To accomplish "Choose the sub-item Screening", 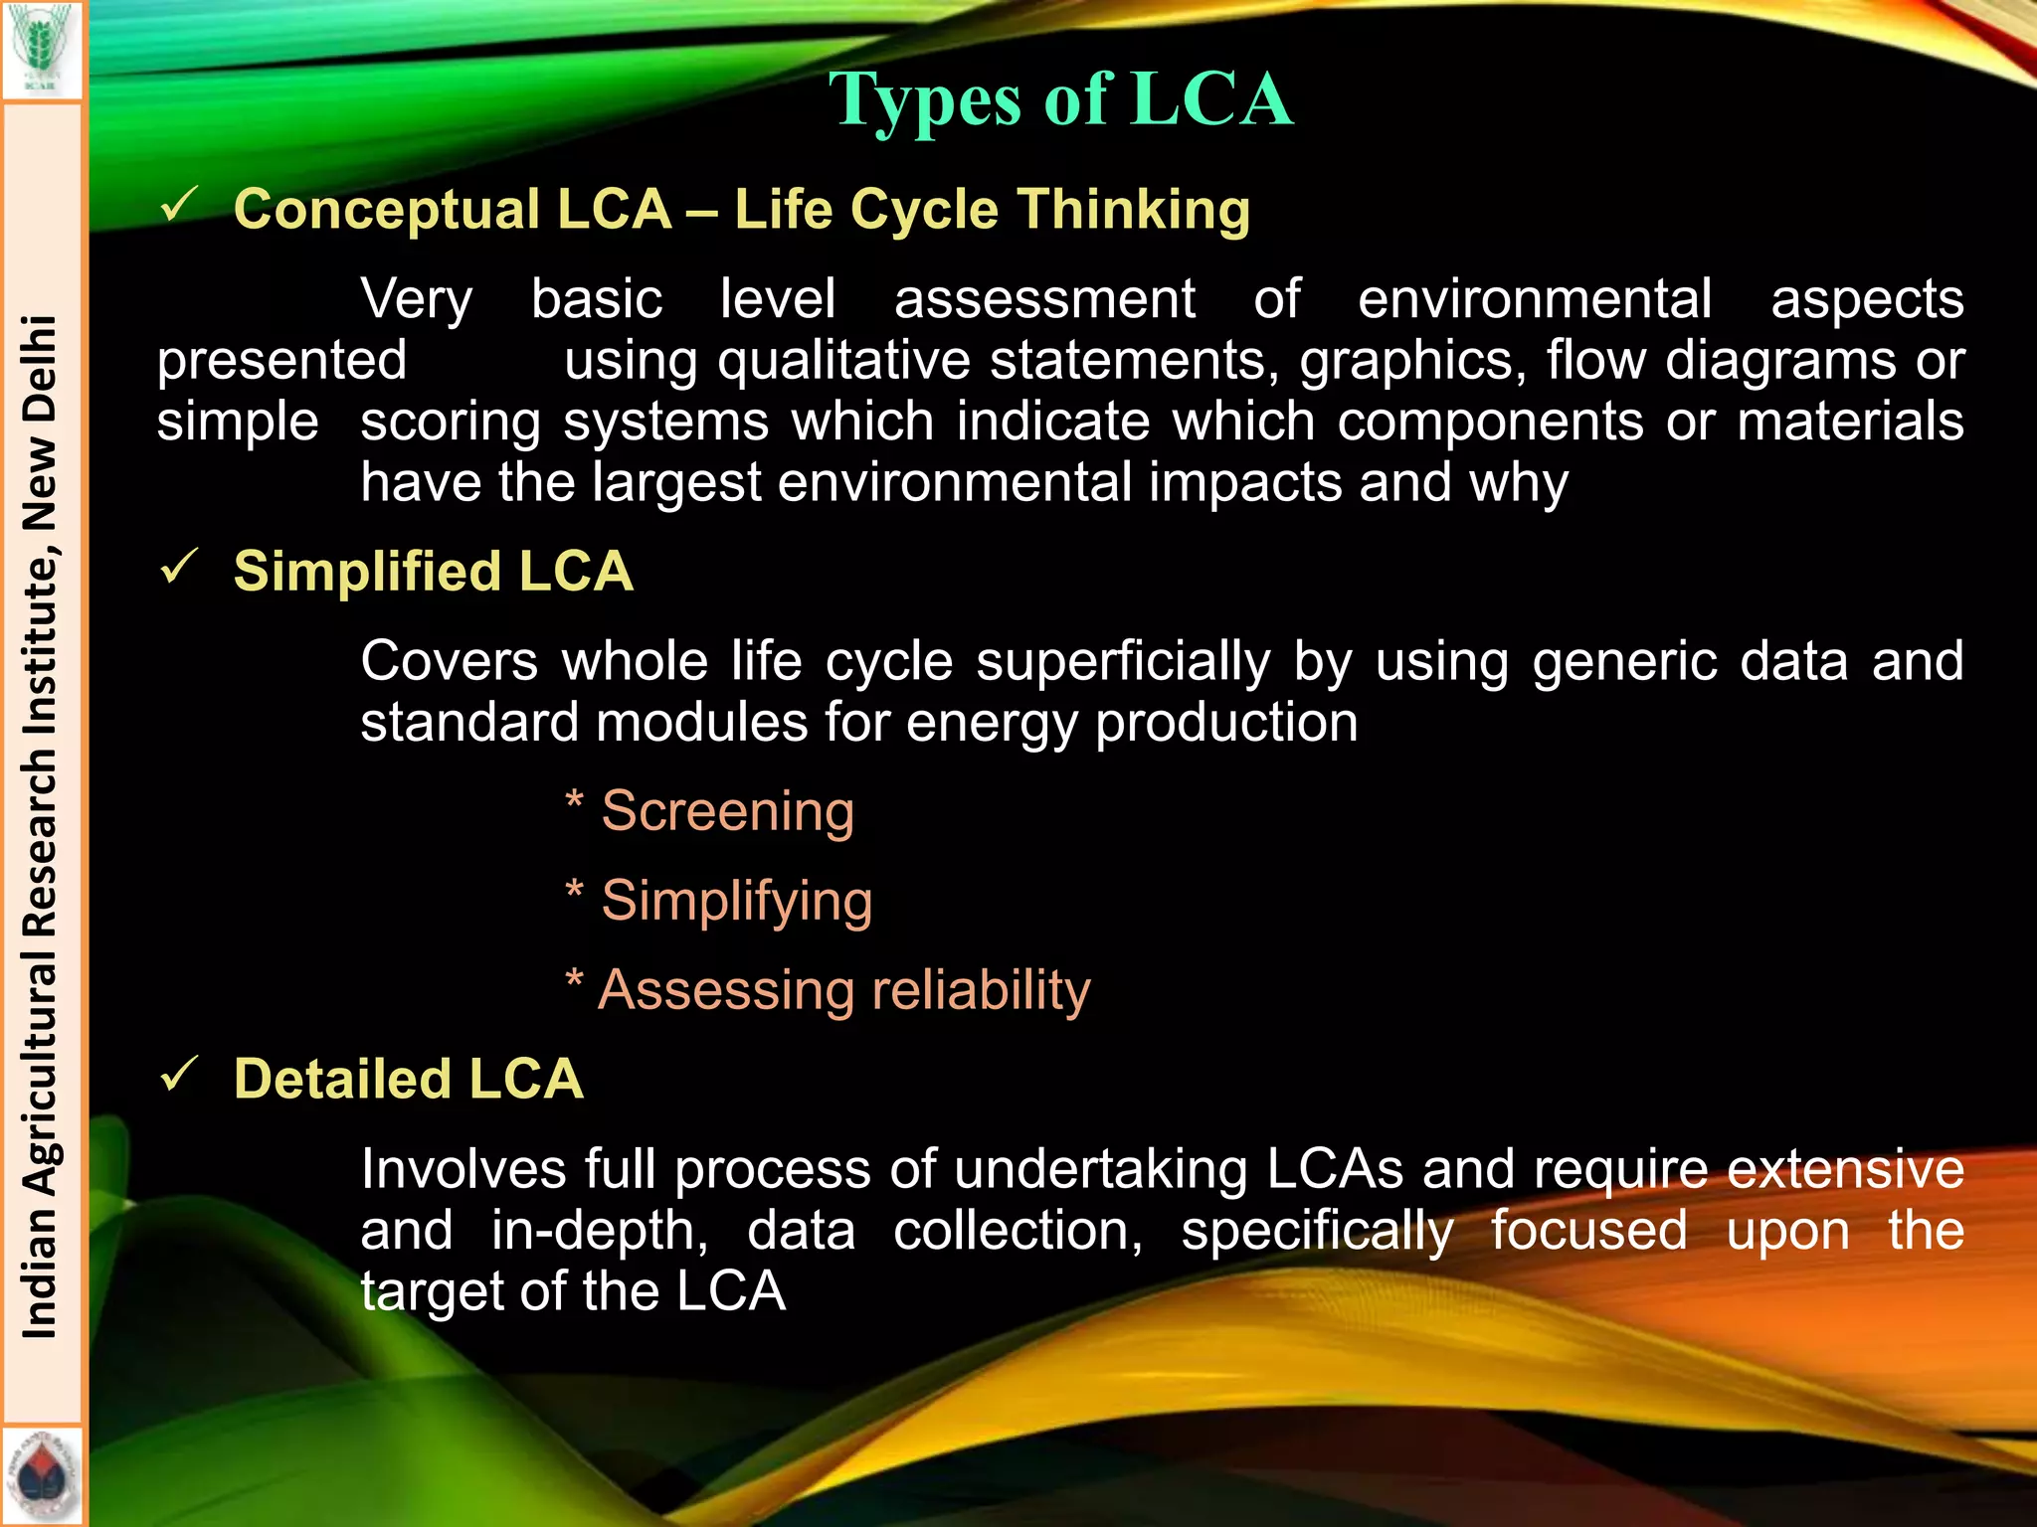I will click(x=727, y=811).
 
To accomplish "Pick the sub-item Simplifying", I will click(x=736, y=901).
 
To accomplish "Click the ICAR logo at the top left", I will click(x=42, y=48).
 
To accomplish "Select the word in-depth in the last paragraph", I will click(x=600, y=1231).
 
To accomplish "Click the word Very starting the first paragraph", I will click(x=416, y=300).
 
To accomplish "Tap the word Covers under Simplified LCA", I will click(x=449, y=661).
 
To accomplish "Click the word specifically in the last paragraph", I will click(x=1317, y=1231).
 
